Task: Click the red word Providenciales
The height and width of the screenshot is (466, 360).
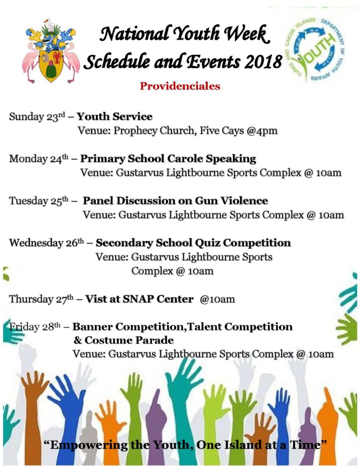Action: point(180,86)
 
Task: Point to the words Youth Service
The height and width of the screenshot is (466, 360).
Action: point(115,116)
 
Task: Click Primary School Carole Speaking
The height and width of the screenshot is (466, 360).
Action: point(168,159)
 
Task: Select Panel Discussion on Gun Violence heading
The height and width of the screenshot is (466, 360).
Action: point(175,201)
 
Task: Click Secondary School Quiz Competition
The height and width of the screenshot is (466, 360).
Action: point(193,243)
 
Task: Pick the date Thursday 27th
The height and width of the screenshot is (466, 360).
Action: point(41,299)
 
